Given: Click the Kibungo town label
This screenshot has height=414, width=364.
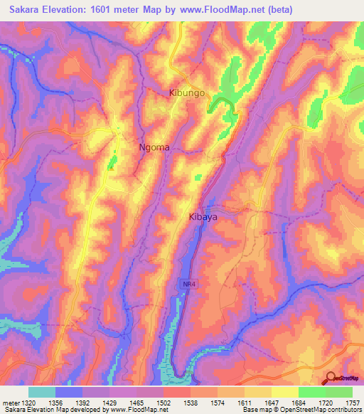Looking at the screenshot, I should (187, 93).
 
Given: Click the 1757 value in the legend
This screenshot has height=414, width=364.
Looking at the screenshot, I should (353, 402).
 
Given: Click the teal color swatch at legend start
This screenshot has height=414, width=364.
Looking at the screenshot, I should (42, 392).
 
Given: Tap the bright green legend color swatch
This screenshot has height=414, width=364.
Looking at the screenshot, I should (312, 392).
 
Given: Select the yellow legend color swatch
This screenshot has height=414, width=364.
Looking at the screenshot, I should (285, 392).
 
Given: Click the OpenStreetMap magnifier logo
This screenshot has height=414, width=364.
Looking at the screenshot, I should (331, 378).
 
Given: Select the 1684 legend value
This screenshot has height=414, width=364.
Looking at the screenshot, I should (285, 402).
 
